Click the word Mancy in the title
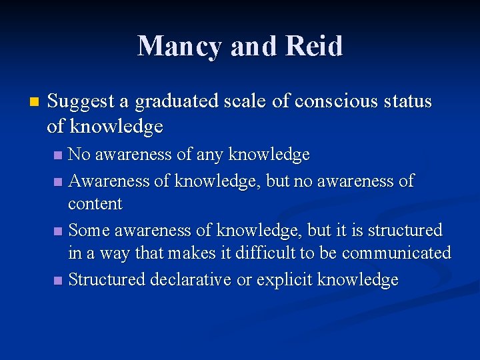click(177, 46)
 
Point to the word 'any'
click(210, 155)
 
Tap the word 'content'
click(95, 204)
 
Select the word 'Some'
click(89, 231)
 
